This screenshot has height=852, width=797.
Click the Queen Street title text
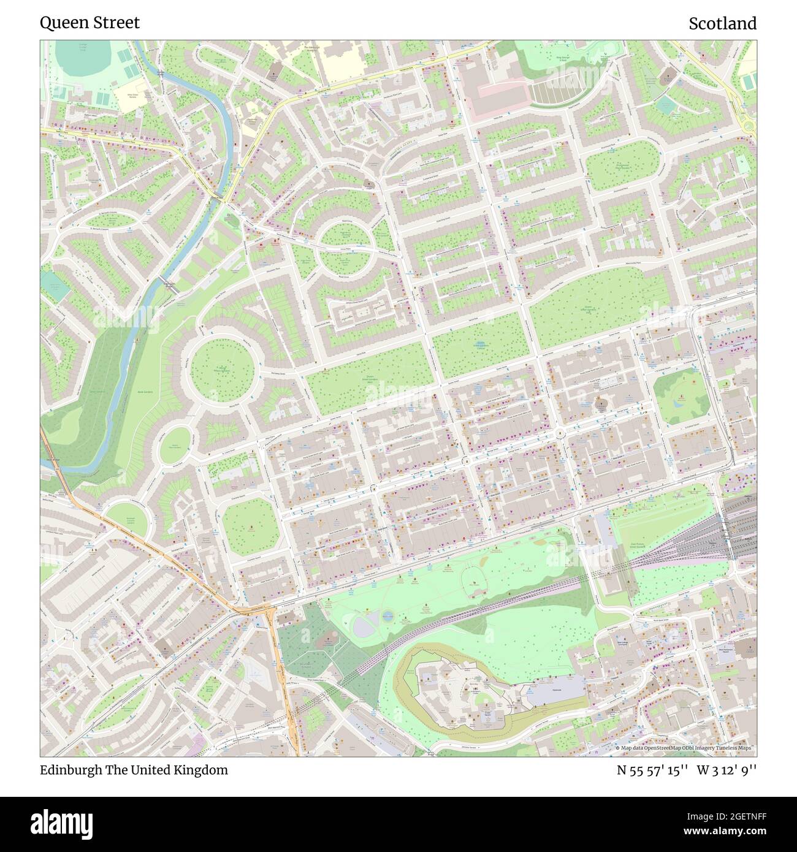click(x=90, y=23)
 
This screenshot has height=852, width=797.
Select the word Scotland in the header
click(x=722, y=23)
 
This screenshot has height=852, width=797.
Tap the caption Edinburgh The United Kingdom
click(x=134, y=770)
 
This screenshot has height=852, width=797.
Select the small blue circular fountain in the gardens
click(x=387, y=615)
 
